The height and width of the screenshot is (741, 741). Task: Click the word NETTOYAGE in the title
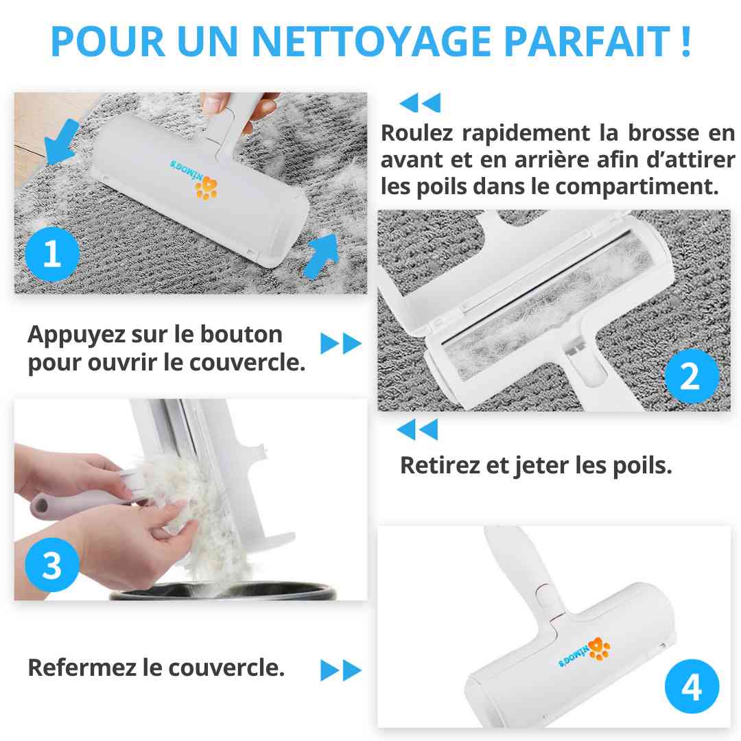[x=371, y=41]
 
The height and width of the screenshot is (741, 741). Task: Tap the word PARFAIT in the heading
[x=587, y=41]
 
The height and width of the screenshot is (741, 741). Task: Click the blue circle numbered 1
[x=52, y=255]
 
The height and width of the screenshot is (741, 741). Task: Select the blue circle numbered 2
[x=691, y=376]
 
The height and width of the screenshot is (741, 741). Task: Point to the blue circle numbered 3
[x=52, y=565]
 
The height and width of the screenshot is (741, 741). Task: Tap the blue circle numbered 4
[x=692, y=686]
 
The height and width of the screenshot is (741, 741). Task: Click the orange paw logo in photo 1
[x=207, y=187]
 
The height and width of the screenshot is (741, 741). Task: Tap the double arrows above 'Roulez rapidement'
[x=420, y=102]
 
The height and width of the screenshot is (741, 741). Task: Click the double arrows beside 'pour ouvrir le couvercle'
[x=341, y=343]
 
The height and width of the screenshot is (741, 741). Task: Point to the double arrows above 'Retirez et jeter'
[x=417, y=430]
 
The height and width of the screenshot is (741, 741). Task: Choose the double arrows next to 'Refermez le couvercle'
[x=341, y=670]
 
